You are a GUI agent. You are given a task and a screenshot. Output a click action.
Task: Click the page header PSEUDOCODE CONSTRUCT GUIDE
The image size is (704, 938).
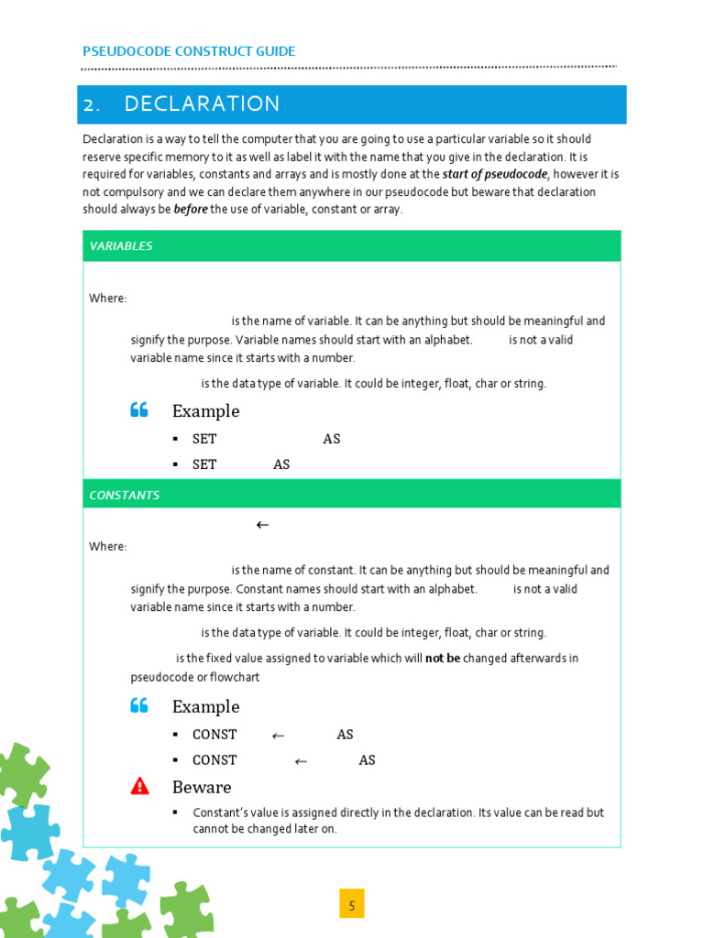189,51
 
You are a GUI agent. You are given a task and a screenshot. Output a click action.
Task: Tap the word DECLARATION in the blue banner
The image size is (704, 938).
202,104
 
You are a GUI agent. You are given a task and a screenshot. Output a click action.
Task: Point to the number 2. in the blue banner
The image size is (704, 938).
92,104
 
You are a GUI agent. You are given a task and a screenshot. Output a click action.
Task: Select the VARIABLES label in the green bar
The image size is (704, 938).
121,246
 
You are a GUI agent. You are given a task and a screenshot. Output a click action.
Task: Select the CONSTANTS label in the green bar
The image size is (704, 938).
124,496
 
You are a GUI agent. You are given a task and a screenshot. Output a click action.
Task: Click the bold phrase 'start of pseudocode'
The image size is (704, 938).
495,174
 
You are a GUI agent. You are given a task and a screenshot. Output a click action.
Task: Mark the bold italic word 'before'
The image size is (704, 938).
191,210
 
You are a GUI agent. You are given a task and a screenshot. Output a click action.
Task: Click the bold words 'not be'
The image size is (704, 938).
442,659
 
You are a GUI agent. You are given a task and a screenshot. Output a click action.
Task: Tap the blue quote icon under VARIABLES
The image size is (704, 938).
139,410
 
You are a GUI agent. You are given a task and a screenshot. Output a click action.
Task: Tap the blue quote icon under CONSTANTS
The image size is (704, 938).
139,705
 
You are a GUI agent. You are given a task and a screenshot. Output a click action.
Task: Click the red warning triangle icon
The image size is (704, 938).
139,786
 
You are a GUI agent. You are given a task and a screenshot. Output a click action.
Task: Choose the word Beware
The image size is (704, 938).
202,788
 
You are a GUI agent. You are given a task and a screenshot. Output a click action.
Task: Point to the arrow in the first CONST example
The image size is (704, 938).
279,736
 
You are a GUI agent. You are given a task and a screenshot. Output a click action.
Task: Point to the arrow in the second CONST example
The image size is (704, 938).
301,761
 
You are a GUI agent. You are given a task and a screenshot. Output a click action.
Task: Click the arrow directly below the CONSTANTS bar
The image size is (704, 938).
262,525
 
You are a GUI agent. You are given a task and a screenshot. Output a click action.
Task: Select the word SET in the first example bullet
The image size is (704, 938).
204,440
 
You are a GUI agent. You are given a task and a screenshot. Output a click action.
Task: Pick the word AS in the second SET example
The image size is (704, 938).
281,465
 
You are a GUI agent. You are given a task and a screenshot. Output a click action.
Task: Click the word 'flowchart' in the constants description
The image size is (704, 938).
235,678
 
